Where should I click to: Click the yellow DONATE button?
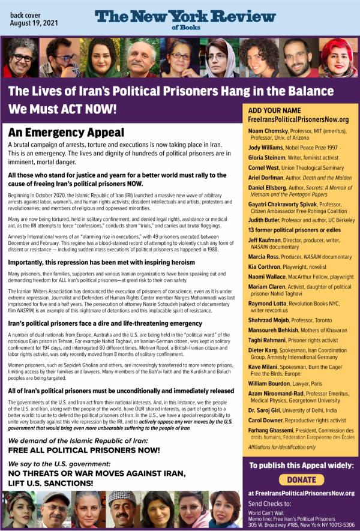[x=301, y=479]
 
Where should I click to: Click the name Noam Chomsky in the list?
[x=268, y=131]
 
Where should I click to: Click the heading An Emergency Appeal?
[x=66, y=133]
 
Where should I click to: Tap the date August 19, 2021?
[x=35, y=25]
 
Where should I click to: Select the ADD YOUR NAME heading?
[x=274, y=111]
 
